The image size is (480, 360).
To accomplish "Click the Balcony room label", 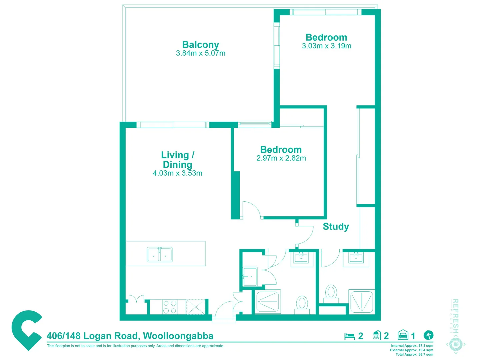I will (200, 45).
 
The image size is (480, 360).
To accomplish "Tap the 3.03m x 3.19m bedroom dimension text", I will (326, 46).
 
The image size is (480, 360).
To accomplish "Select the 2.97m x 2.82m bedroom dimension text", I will (281, 158).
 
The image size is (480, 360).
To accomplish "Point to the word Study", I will (336, 227).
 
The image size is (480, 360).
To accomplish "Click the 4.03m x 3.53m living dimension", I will (177, 173).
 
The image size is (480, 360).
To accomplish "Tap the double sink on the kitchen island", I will (160, 255).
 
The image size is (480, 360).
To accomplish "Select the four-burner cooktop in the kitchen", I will (169, 307).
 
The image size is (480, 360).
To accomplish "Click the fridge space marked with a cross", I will (195, 307).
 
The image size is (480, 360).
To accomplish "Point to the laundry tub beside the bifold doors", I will (250, 277).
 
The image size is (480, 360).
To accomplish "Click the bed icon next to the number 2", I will (349, 336).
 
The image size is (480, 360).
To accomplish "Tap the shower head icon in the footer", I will (377, 335).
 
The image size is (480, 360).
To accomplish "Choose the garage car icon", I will (403, 335).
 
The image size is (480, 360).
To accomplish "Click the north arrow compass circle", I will (428, 335).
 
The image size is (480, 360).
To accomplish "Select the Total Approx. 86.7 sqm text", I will (414, 354).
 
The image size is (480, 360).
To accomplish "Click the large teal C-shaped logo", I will (27, 330).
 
